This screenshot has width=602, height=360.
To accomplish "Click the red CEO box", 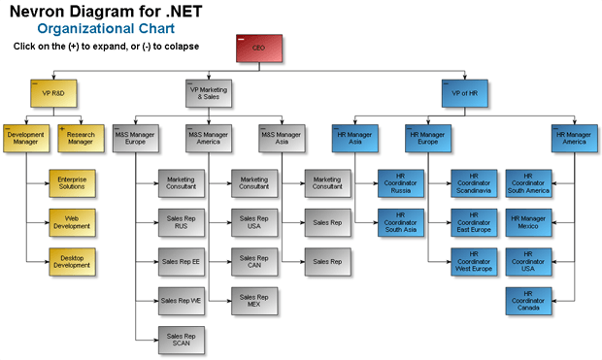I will pyautogui.click(x=258, y=49).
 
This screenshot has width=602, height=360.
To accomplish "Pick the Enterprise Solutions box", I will pyautogui.click(x=72, y=182).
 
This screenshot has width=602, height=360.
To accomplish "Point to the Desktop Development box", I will pyautogui.click(x=72, y=260).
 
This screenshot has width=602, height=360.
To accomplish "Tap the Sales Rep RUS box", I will pyautogui.click(x=182, y=221).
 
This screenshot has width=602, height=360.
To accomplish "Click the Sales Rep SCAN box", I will pyautogui.click(x=182, y=338).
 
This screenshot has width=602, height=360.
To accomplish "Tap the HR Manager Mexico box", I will pyautogui.click(x=527, y=221).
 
